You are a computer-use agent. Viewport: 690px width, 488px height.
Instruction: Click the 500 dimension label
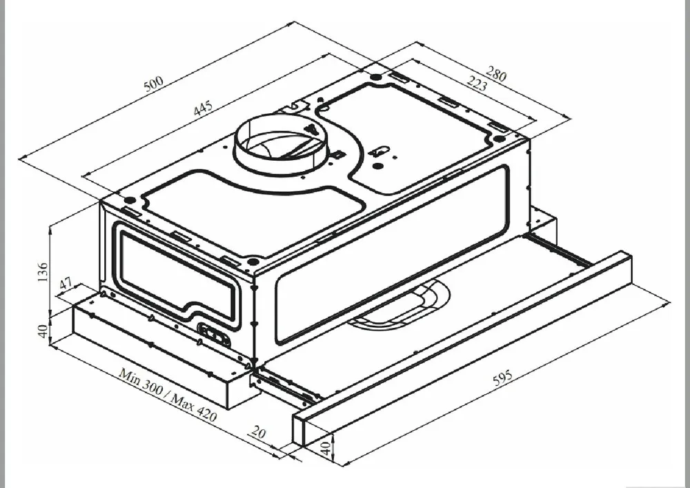(154, 83)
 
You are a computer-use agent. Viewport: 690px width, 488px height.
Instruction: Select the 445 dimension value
(203, 108)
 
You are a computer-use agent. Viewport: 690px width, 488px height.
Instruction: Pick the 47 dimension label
(66, 284)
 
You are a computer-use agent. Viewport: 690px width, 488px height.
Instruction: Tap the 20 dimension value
(258, 433)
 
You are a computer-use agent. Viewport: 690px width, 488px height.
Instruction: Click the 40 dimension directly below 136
(42, 331)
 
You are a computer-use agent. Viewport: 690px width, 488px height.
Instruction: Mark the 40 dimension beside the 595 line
(325, 449)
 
